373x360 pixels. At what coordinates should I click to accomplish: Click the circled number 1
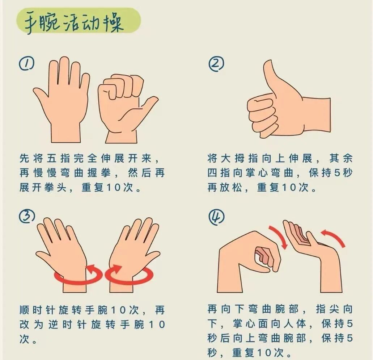click(x=26, y=64)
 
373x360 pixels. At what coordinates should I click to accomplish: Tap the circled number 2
click(x=216, y=64)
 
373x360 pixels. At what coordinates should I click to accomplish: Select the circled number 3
click(x=27, y=216)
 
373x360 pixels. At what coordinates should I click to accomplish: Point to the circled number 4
click(x=216, y=217)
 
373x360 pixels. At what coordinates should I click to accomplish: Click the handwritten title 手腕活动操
click(x=74, y=22)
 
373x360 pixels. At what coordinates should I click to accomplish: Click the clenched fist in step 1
click(x=126, y=107)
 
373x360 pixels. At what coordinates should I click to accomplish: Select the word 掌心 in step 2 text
click(x=251, y=173)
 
